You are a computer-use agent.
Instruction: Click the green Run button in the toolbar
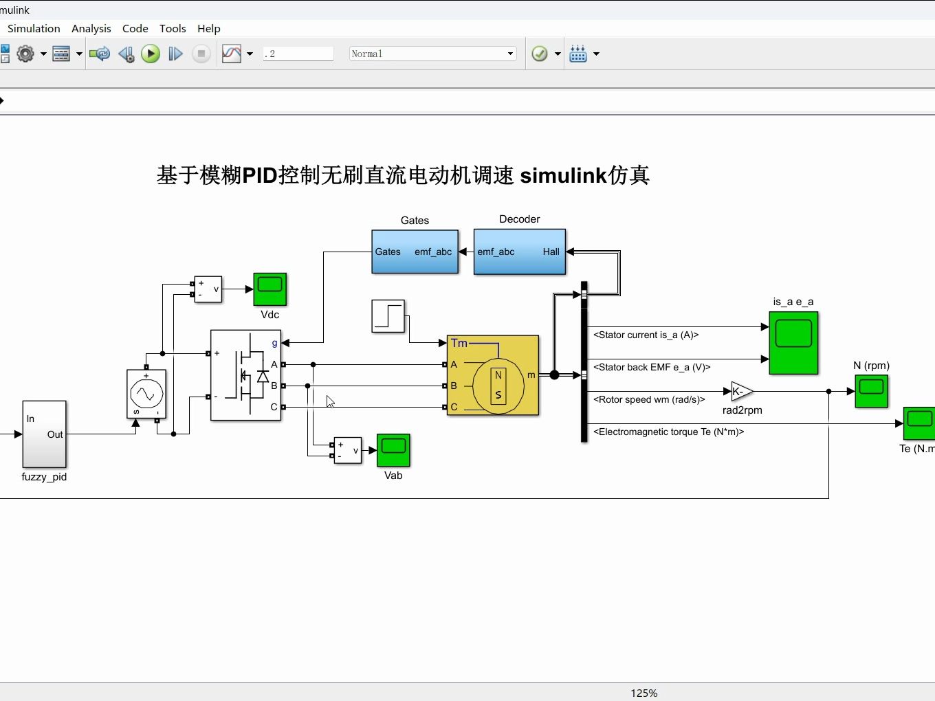pyautogui.click(x=151, y=54)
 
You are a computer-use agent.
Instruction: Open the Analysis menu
pyautogui.click(x=91, y=28)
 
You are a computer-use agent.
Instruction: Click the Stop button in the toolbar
pyautogui.click(x=201, y=54)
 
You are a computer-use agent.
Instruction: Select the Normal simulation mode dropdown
pyautogui.click(x=432, y=54)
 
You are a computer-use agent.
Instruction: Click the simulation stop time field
pyautogui.click(x=298, y=54)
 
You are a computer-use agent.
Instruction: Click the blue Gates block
pyautogui.click(x=415, y=252)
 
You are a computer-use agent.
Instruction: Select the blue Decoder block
pyautogui.click(x=519, y=252)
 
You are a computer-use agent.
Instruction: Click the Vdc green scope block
pyautogui.click(x=269, y=289)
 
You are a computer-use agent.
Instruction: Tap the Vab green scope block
pyautogui.click(x=393, y=450)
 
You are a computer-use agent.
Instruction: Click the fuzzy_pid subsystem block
pyautogui.click(x=45, y=434)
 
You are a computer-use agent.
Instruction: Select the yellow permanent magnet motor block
pyautogui.click(x=493, y=375)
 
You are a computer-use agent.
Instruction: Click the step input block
pyautogui.click(x=388, y=316)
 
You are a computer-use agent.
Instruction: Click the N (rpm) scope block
pyautogui.click(x=871, y=391)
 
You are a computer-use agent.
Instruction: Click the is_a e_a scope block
pyautogui.click(x=793, y=343)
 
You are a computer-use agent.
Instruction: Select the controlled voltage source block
pyautogui.click(x=146, y=394)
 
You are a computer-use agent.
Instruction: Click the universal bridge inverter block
pyautogui.click(x=245, y=375)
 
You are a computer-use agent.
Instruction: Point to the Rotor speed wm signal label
pyautogui.click(x=649, y=399)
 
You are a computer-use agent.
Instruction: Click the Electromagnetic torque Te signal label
pyautogui.click(x=668, y=432)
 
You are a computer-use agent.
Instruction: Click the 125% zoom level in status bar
pyautogui.click(x=643, y=693)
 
